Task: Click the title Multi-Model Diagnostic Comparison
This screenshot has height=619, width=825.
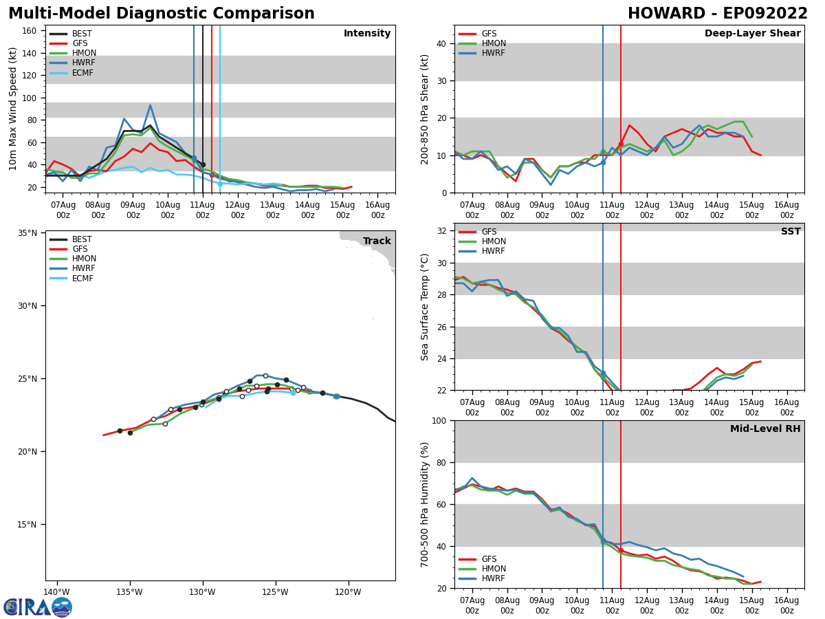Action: click(161, 14)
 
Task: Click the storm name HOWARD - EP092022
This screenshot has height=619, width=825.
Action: click(717, 14)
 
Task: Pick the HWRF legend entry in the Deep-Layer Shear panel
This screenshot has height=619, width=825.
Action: click(492, 53)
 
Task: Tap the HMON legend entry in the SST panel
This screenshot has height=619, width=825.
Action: click(494, 241)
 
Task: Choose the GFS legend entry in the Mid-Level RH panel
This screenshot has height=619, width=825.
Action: click(489, 559)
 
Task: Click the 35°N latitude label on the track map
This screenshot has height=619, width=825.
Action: click(27, 233)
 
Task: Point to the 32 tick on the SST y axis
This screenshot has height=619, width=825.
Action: click(443, 231)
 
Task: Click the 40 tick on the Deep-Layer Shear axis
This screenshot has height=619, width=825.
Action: click(443, 43)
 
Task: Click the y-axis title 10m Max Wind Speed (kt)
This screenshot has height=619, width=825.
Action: click(13, 109)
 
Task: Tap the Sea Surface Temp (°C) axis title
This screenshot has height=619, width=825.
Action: click(425, 307)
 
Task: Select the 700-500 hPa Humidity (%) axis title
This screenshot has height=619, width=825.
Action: click(425, 504)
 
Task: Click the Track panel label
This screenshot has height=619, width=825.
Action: click(377, 241)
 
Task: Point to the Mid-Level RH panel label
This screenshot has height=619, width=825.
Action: click(764, 429)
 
